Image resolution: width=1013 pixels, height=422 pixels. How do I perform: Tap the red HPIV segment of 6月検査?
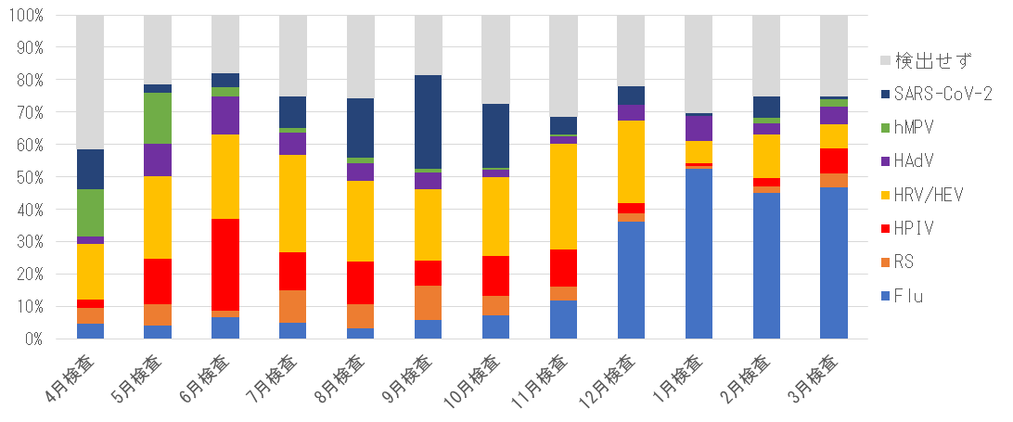(225, 264)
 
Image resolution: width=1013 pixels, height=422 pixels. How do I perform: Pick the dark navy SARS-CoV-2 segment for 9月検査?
(428, 121)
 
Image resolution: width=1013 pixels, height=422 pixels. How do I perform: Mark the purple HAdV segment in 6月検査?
(225, 115)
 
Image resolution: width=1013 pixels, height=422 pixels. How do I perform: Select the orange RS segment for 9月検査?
(428, 302)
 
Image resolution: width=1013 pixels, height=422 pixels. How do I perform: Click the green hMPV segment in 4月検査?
(90, 212)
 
